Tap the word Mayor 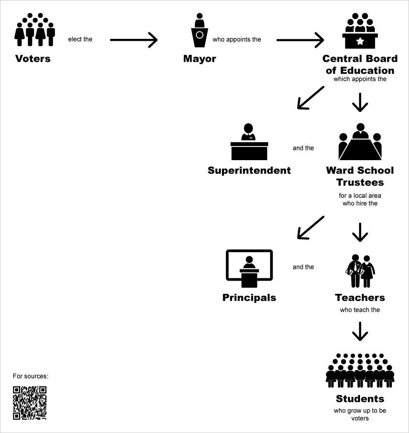click(x=199, y=59)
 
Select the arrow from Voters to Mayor click(x=133, y=40)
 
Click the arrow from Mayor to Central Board click(x=300, y=40)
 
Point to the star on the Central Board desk click(x=360, y=40)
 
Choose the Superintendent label click(x=249, y=170)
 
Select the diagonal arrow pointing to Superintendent click(x=310, y=98)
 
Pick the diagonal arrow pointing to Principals click(x=310, y=227)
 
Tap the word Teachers click(x=360, y=298)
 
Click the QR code click(x=30, y=403)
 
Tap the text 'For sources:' click(x=31, y=376)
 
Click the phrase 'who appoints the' click(x=237, y=39)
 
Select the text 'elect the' click(x=80, y=39)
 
